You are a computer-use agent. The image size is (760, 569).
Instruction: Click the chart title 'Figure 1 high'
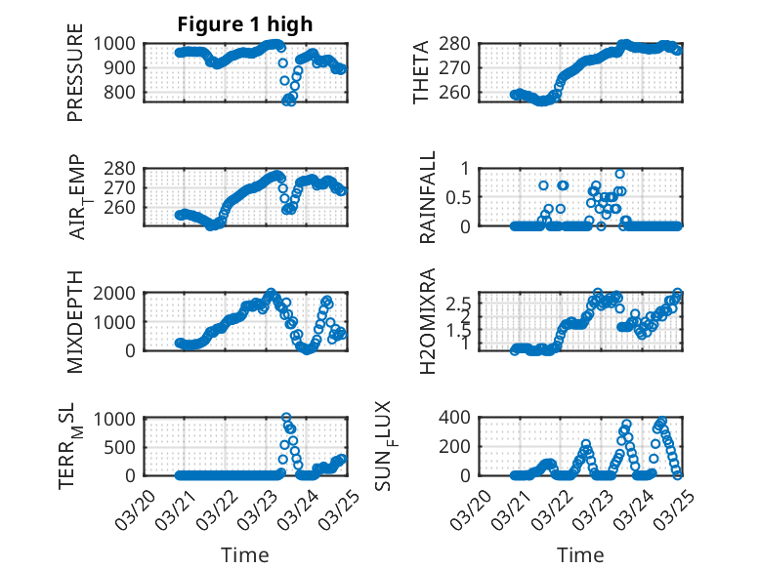coord(244,23)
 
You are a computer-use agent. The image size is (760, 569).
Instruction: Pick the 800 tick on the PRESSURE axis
coord(127,93)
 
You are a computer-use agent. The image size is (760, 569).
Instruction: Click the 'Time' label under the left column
coord(245,554)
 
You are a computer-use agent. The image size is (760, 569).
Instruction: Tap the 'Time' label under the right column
coord(580,554)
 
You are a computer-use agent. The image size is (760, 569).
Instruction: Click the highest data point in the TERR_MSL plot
coord(286,418)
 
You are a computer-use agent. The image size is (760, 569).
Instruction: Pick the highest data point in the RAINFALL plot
coord(619,173)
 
